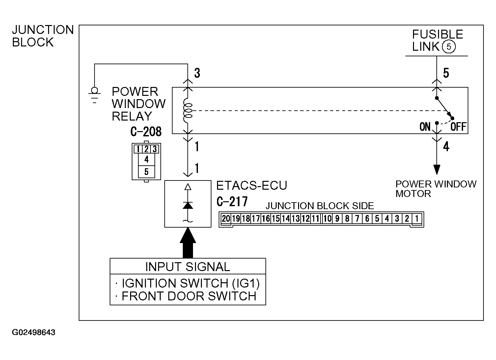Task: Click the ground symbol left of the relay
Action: pyautogui.click(x=95, y=95)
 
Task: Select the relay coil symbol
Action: pyautogui.click(x=188, y=110)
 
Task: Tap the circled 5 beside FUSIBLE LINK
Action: pyautogui.click(x=449, y=46)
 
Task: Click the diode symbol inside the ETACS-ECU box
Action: pyautogui.click(x=188, y=205)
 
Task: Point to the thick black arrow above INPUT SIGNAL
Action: pyautogui.click(x=188, y=243)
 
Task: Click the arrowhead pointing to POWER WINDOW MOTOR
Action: pyautogui.click(x=437, y=170)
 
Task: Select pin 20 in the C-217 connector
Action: pyautogui.click(x=226, y=219)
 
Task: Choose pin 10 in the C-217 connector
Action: pyautogui.click(x=327, y=219)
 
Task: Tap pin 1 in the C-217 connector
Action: pyautogui.click(x=417, y=219)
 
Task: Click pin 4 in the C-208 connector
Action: pyautogui.click(x=146, y=159)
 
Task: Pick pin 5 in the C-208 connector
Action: pyautogui.click(x=146, y=172)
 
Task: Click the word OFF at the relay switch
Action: pyautogui.click(x=458, y=126)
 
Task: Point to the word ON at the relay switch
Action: pyautogui.click(x=425, y=126)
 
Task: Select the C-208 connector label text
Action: pyautogui.click(x=146, y=132)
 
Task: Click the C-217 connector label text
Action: pyautogui.click(x=232, y=202)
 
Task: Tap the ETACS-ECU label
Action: pyautogui.click(x=252, y=185)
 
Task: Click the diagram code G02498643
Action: pyautogui.click(x=34, y=332)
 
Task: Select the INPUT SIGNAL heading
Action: pyautogui.click(x=187, y=266)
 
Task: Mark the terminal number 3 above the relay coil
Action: pyautogui.click(x=197, y=73)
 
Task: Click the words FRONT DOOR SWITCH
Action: pyautogui.click(x=189, y=296)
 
